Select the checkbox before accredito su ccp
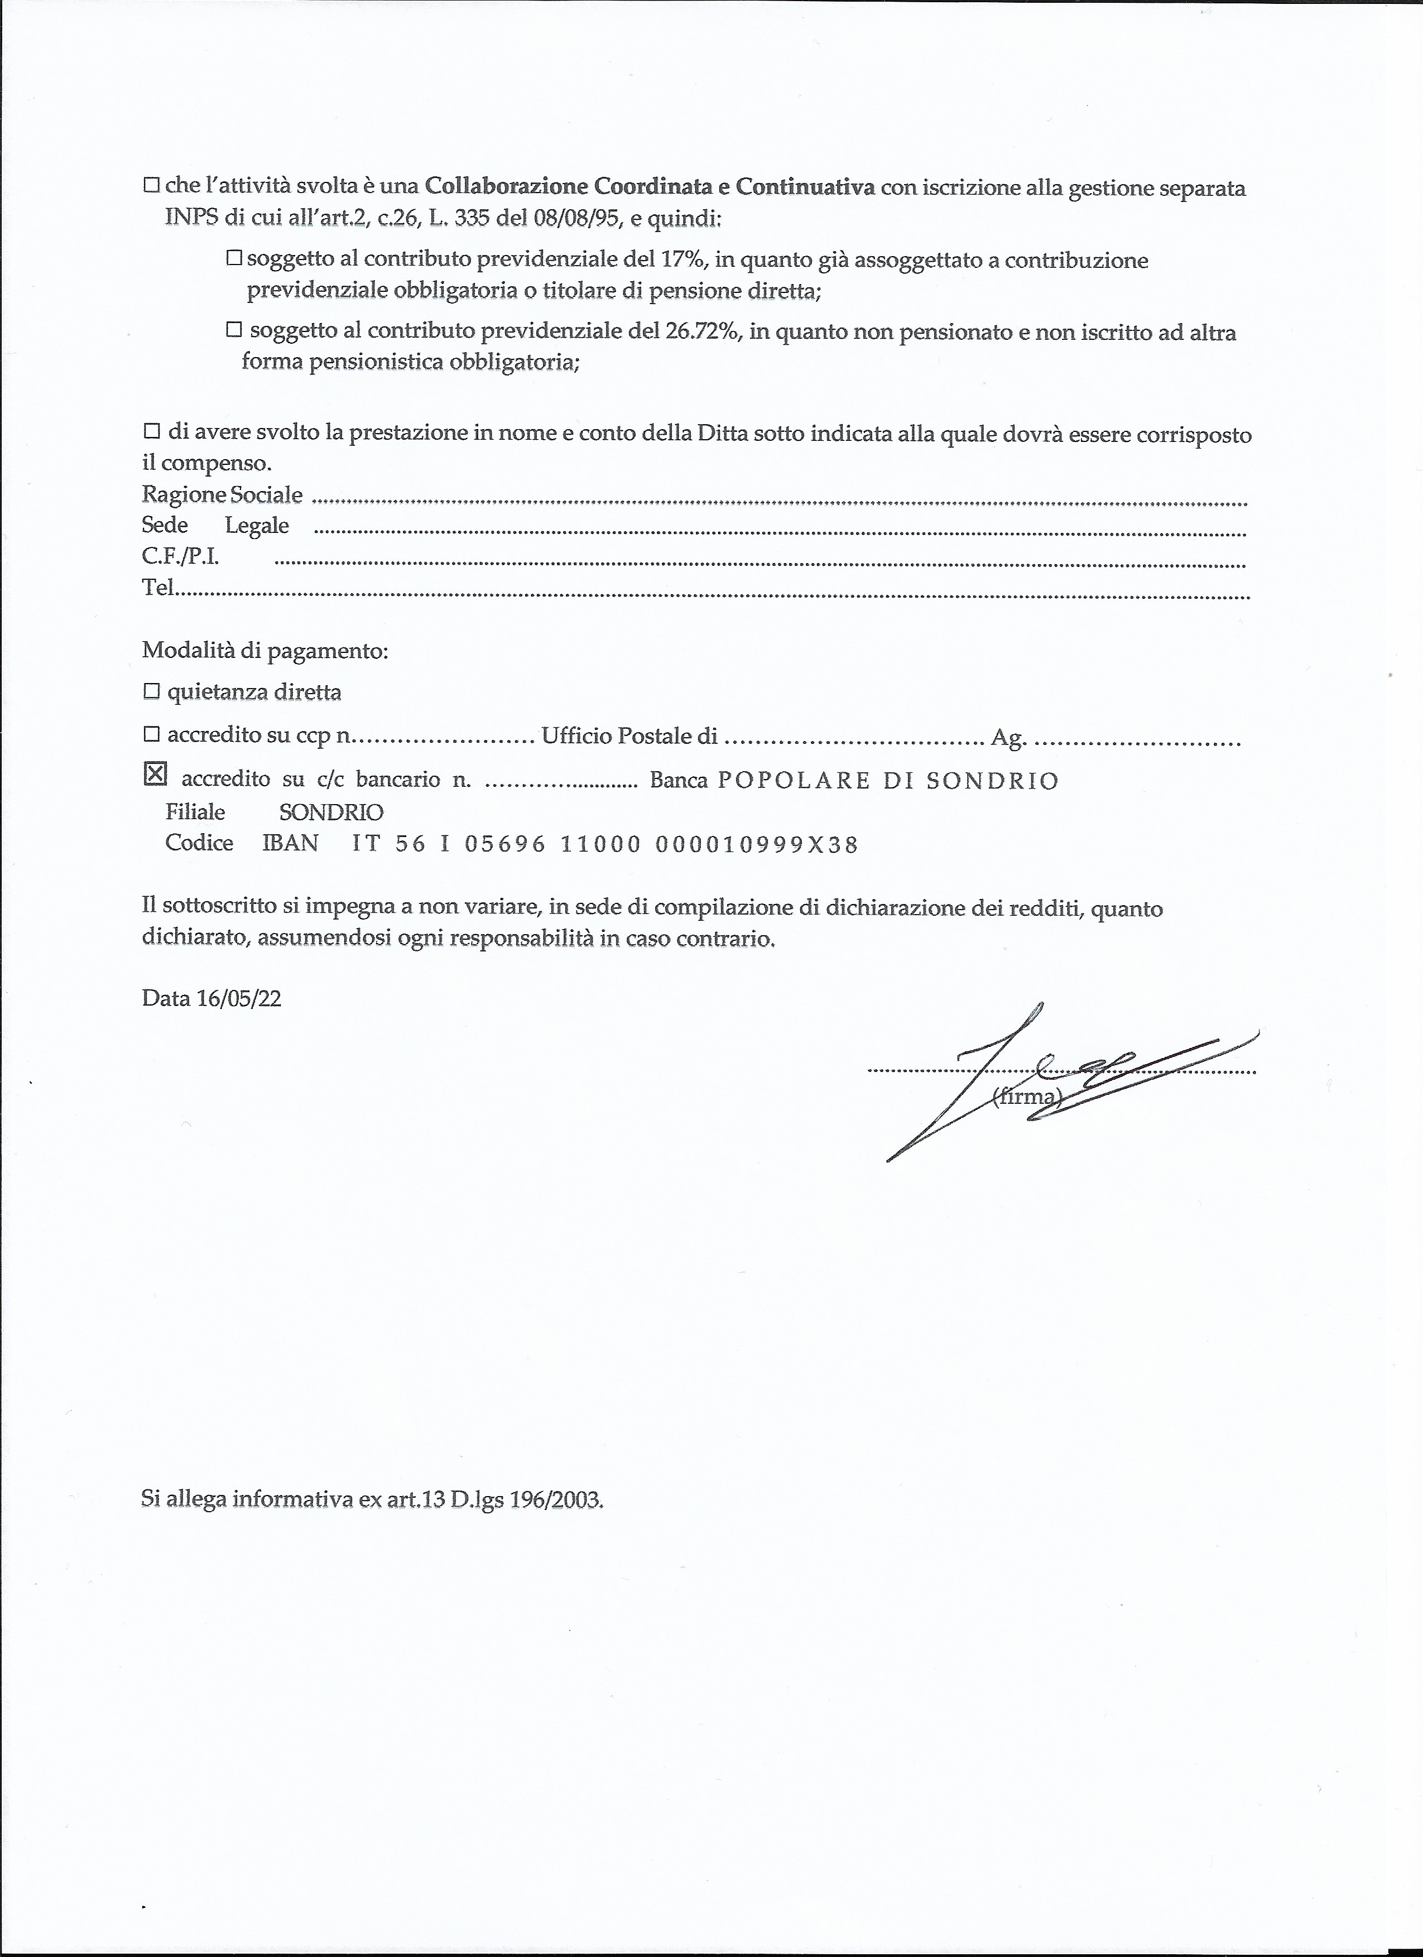pos(152,734)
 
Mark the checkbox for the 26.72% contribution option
pos(234,330)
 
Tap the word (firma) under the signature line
pos(1026,1097)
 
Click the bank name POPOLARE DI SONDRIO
pos(888,781)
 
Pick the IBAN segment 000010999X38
pos(757,845)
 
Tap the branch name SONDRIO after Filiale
pos(331,812)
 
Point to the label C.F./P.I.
pos(180,556)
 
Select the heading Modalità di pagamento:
pos(265,651)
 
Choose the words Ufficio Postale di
pos(629,736)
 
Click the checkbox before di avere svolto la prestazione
pos(152,431)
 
